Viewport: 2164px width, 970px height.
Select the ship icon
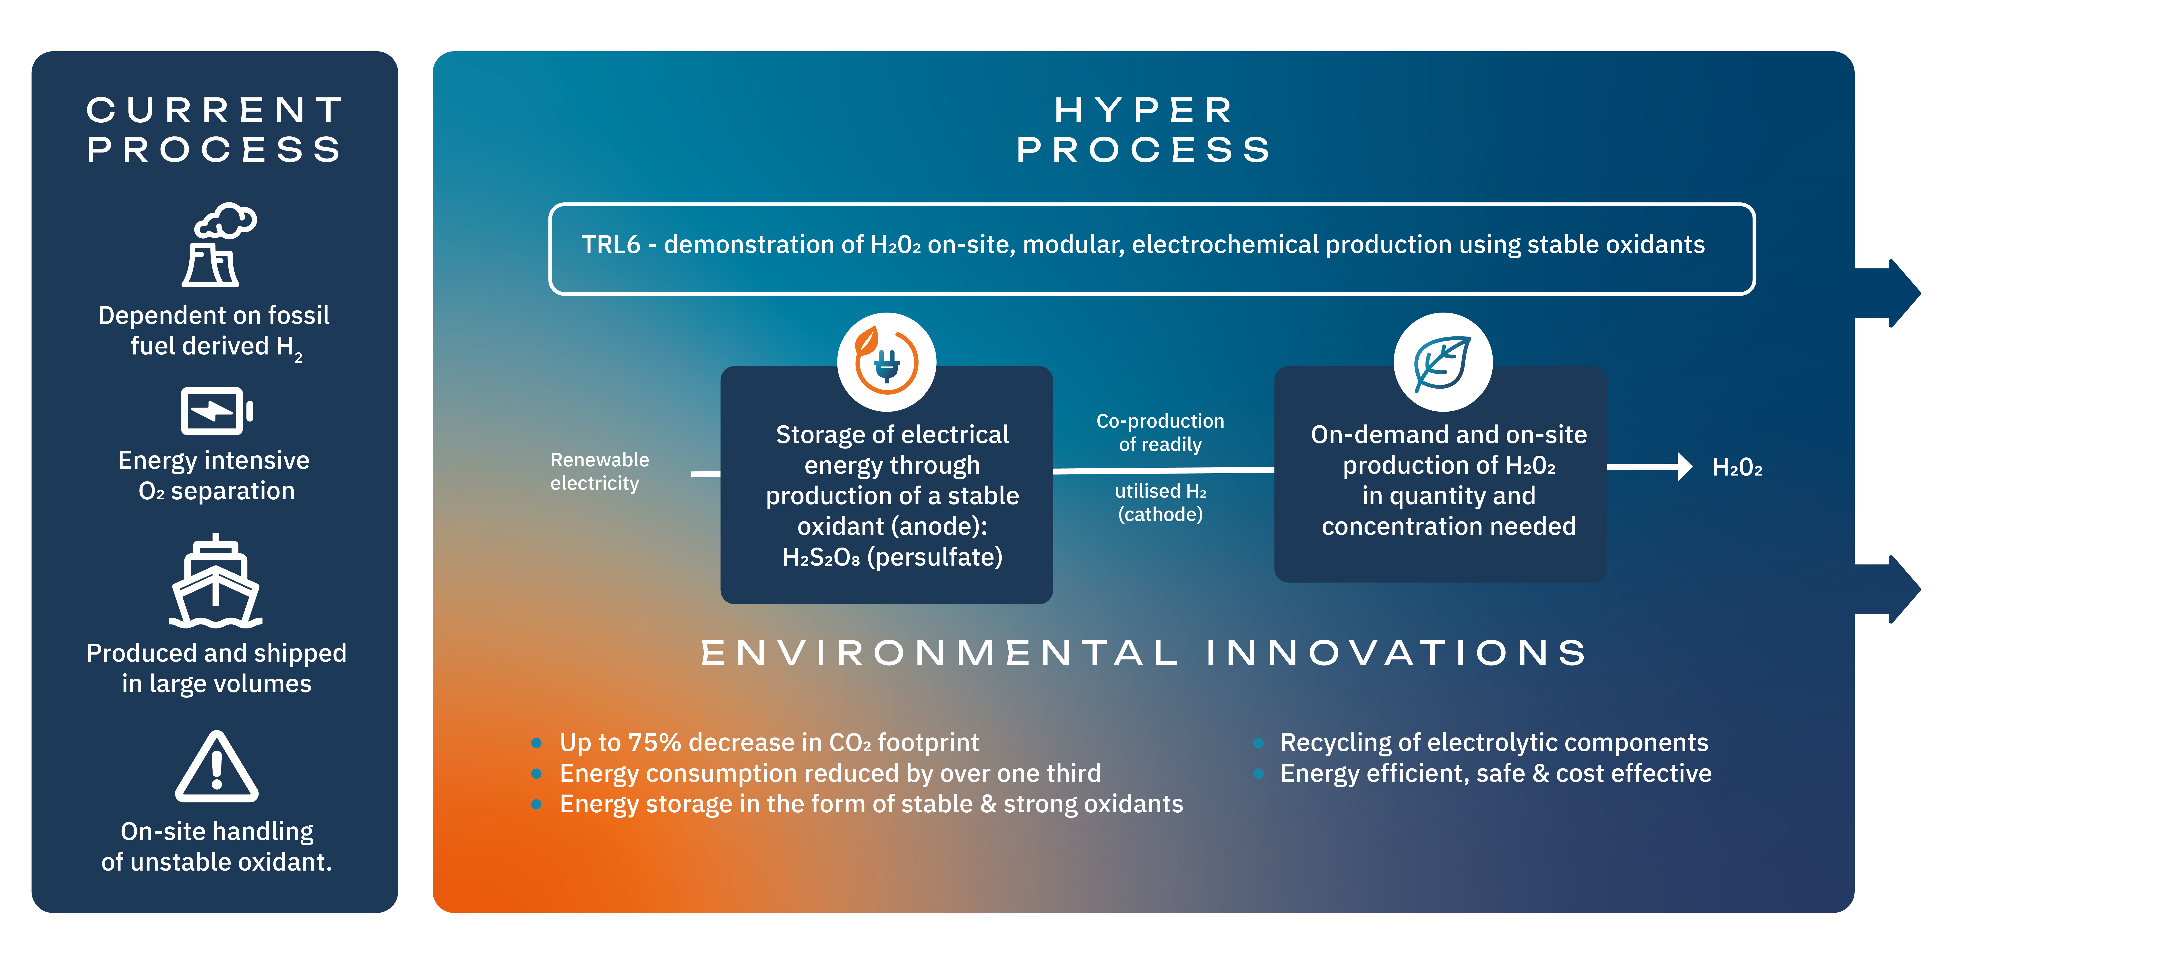[x=216, y=581]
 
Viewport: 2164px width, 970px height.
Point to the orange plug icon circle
[x=886, y=362]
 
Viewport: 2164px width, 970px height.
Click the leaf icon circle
[x=1442, y=362]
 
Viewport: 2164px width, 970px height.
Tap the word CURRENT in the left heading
[x=215, y=110]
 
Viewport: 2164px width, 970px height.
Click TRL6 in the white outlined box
[x=611, y=244]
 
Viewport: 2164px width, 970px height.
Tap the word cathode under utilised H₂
[x=1160, y=514]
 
